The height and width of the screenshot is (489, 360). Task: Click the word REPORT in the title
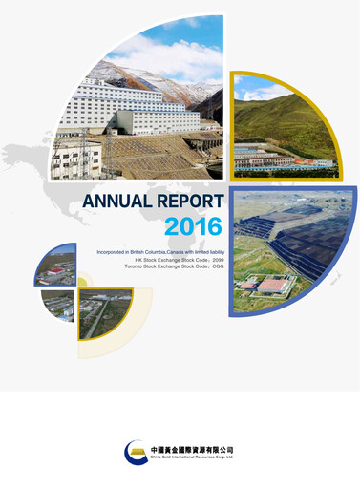click(192, 202)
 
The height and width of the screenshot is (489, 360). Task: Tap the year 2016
click(193, 226)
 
